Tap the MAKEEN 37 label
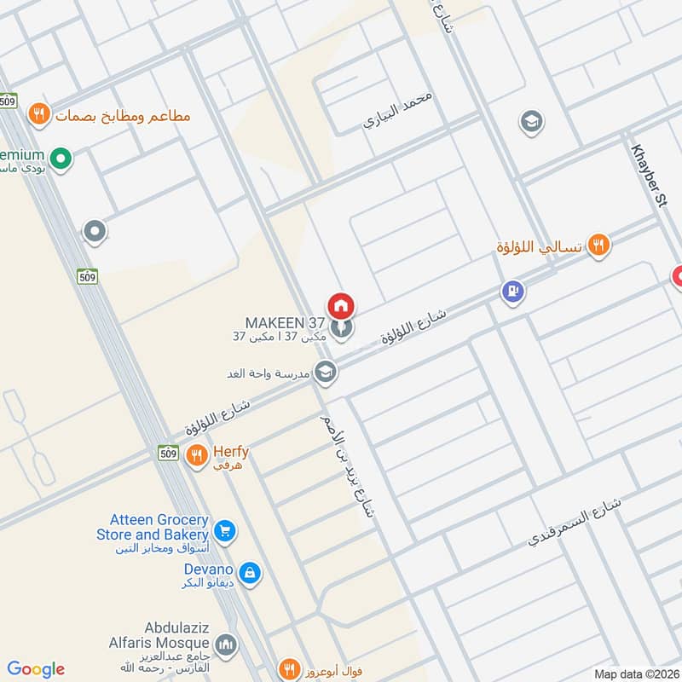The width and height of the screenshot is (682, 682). point(285,323)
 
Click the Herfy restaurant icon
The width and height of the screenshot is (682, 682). point(197,454)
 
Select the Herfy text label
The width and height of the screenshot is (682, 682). point(230,454)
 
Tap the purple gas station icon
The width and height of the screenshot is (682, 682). point(512,292)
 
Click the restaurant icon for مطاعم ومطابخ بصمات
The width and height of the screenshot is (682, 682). point(38,113)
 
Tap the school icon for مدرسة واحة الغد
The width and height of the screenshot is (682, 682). point(324,372)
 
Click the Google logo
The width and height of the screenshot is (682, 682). point(36,669)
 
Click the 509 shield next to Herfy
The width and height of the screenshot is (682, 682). point(168,454)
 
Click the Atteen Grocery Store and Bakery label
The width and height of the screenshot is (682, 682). point(159,527)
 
